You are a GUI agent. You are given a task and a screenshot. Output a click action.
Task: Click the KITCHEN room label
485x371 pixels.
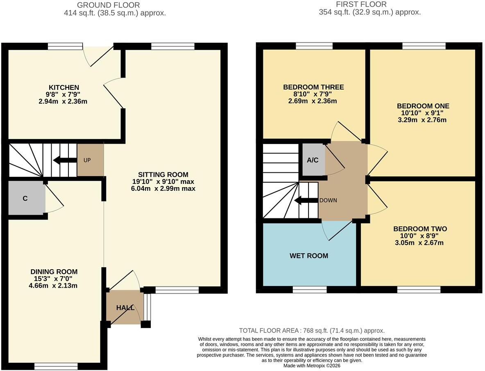tap(64, 87)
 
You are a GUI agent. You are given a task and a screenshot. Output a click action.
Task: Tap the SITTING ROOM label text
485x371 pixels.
tap(163, 174)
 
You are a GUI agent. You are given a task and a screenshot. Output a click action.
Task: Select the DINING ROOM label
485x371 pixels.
tap(54, 272)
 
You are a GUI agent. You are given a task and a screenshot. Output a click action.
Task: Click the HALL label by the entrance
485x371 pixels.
tap(125, 308)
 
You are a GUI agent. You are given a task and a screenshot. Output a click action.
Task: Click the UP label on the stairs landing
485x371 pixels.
tap(87, 160)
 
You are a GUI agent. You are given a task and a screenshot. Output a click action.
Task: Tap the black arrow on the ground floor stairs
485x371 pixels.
tap(65, 160)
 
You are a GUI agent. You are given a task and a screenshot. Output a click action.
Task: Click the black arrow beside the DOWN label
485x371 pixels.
tap(306, 200)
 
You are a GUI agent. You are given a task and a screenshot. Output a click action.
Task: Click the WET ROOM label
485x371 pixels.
tap(309, 256)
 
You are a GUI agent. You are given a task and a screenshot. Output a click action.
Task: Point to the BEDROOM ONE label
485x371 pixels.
tap(423, 106)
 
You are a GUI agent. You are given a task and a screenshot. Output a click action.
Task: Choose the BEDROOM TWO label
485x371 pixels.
tap(420, 229)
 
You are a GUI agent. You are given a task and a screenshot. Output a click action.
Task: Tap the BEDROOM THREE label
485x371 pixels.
tap(313, 87)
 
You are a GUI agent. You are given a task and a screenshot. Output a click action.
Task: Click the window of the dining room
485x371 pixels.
tap(56, 366)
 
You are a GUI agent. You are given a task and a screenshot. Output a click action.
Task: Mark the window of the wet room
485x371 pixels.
tap(310, 289)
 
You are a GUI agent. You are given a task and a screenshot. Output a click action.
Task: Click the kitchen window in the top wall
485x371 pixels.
tap(65, 46)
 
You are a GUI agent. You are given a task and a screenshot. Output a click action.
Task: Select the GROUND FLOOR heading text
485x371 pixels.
tap(108, 5)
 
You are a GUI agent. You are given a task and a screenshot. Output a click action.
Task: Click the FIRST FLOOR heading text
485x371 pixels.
tap(361, 5)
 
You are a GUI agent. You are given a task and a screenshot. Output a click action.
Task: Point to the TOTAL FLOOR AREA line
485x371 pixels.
tap(312, 331)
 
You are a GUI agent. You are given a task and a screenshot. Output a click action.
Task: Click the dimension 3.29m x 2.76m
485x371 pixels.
tap(422, 120)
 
